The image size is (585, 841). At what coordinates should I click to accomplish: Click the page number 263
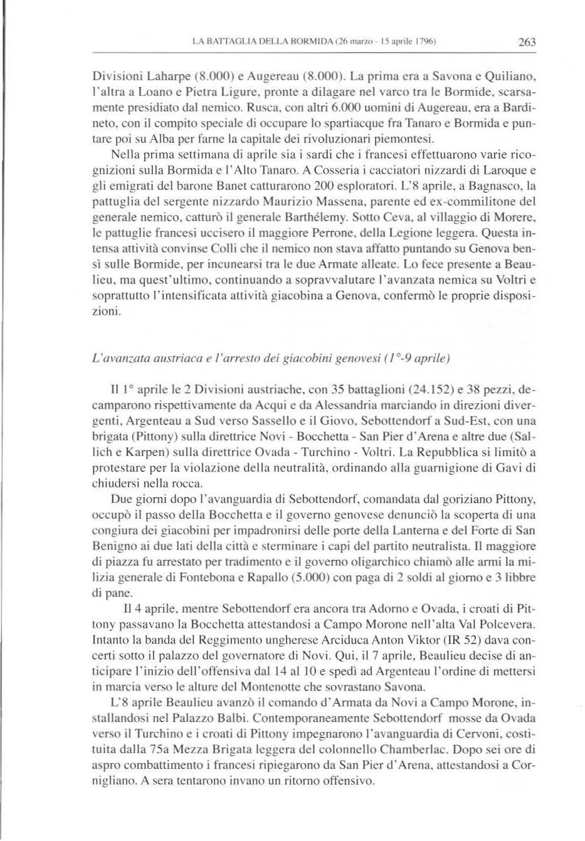[x=526, y=43]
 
